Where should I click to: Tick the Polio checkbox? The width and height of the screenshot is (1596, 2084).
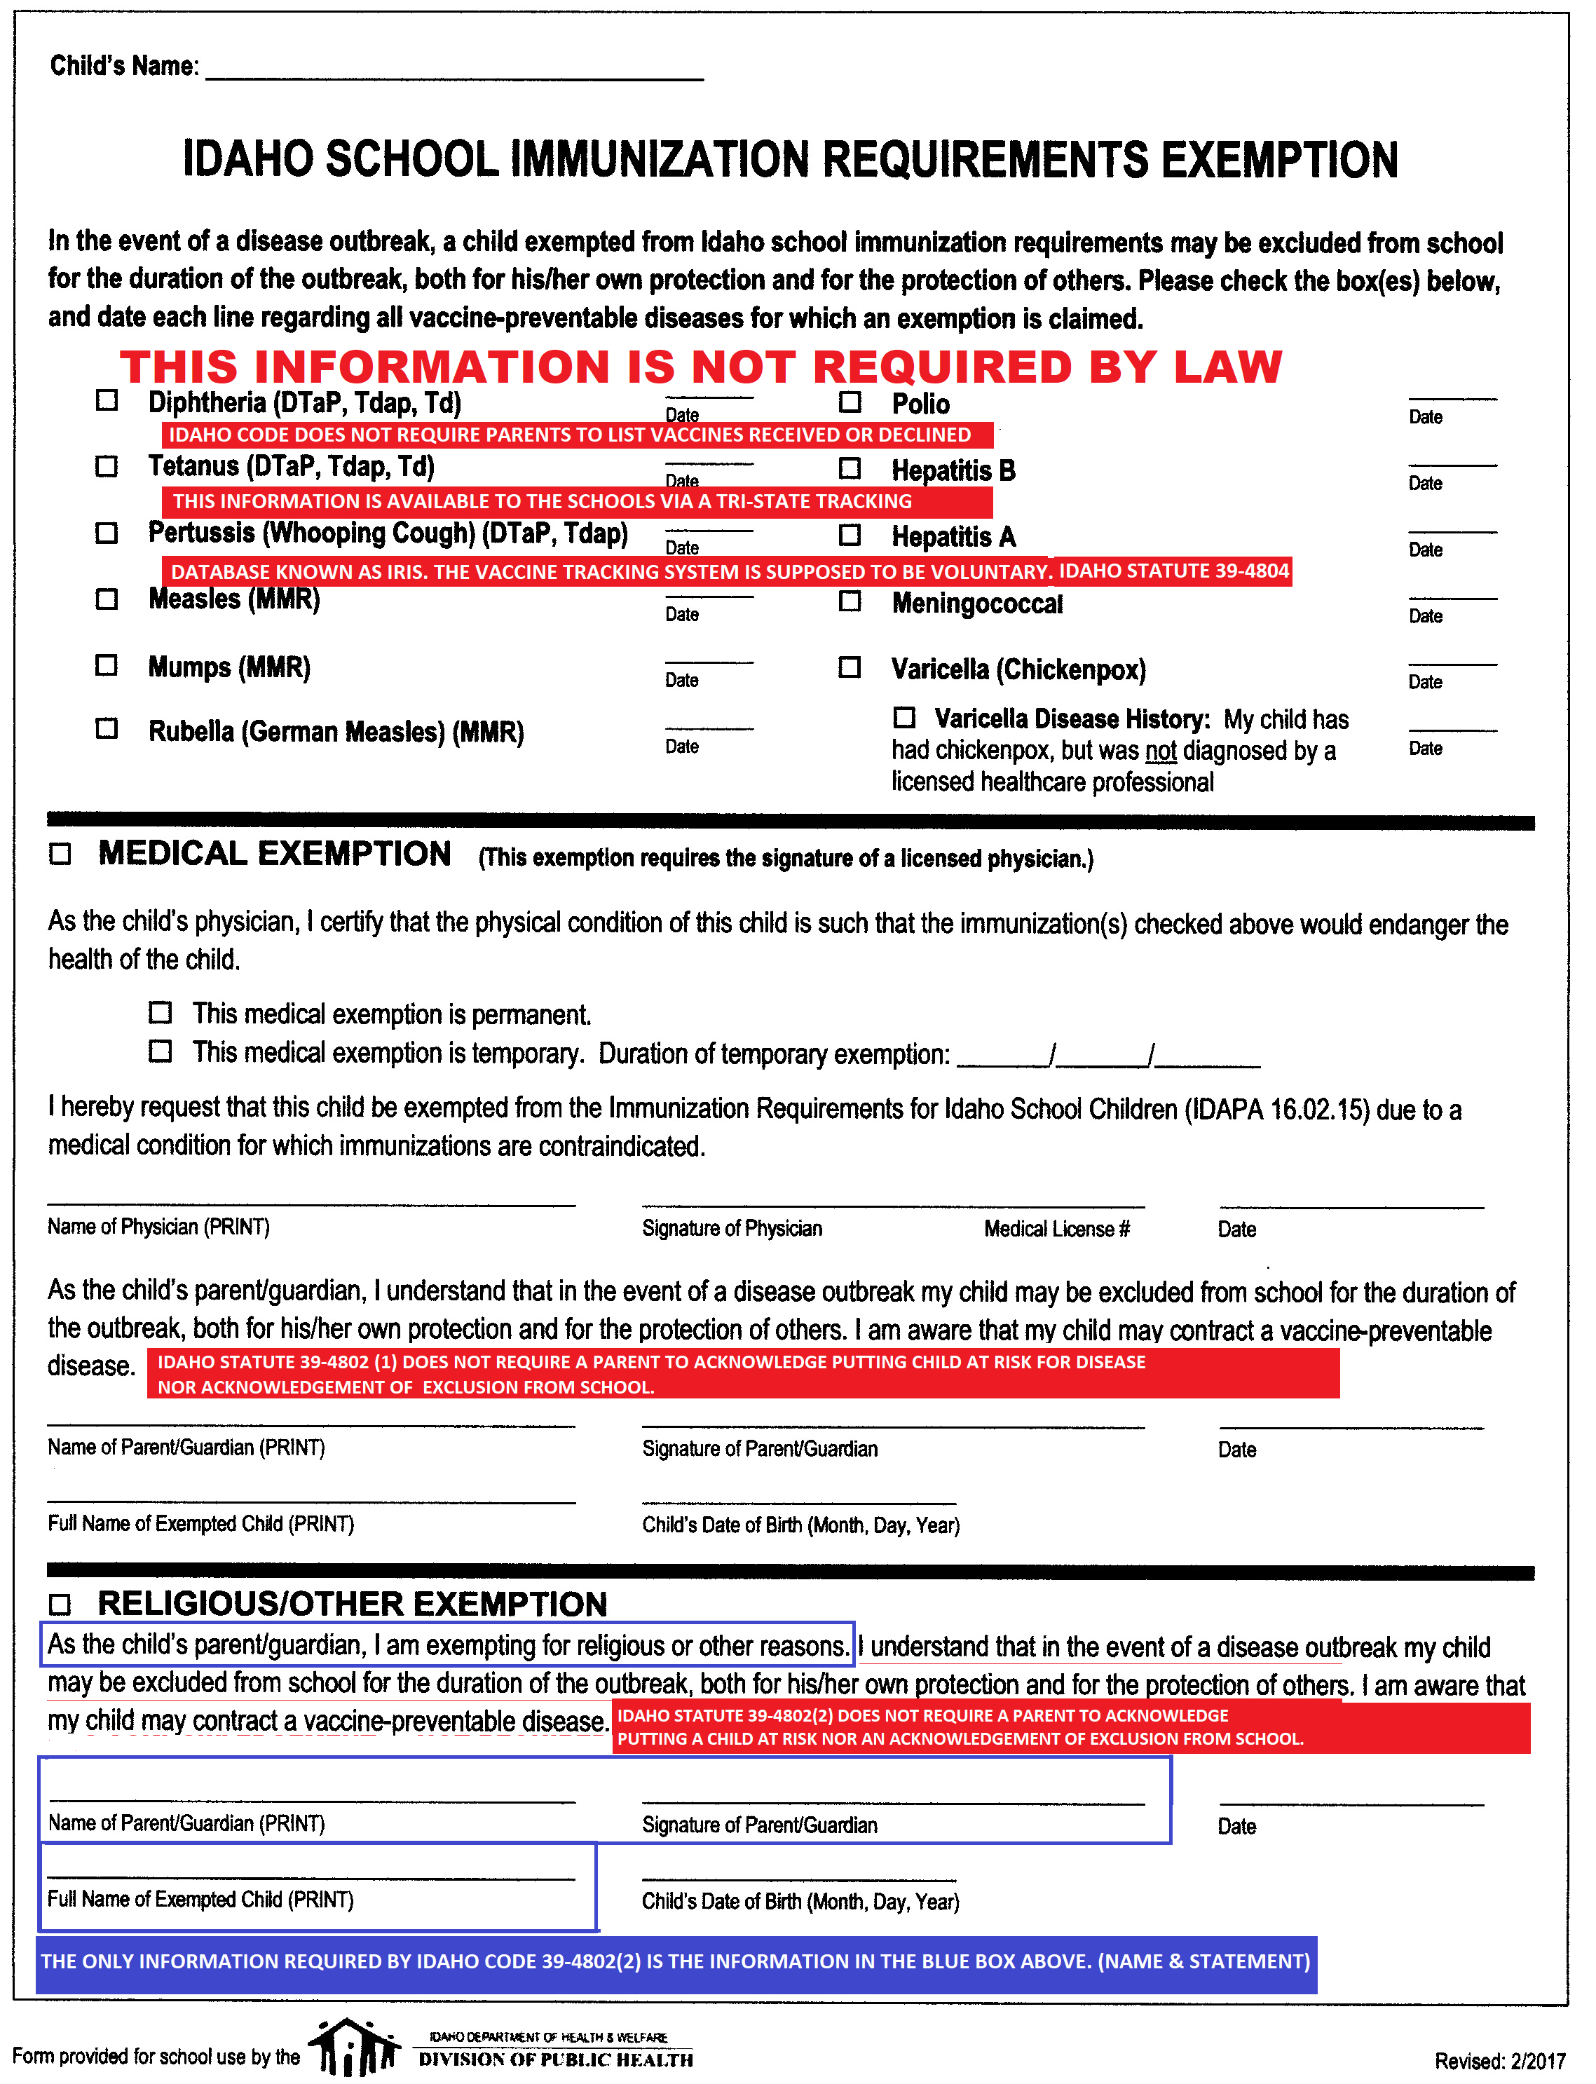850,402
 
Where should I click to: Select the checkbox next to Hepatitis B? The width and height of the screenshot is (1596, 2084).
850,468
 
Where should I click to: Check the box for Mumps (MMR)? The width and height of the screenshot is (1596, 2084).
107,665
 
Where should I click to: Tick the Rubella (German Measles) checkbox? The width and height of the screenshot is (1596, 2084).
107,728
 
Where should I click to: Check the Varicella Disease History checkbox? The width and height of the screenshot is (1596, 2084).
904,717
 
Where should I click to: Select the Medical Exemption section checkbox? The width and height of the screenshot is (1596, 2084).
60,854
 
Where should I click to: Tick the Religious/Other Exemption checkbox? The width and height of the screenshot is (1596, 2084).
60,1605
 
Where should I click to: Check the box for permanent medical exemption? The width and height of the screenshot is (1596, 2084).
161,1012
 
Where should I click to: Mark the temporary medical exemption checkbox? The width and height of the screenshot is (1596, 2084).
161,1051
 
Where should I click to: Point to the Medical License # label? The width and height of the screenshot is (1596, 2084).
1056,1229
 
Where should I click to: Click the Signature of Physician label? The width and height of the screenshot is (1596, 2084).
732,1228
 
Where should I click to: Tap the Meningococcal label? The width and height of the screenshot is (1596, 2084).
976,604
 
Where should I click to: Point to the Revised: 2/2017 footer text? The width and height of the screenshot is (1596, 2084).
1499,2060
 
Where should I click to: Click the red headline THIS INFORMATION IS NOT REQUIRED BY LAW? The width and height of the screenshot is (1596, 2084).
701,367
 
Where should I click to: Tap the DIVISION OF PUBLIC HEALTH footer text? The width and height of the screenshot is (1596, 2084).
556,2059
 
